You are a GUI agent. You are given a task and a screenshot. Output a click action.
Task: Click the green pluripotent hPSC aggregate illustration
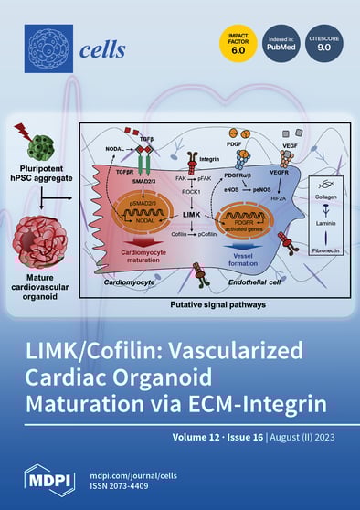[41, 148]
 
